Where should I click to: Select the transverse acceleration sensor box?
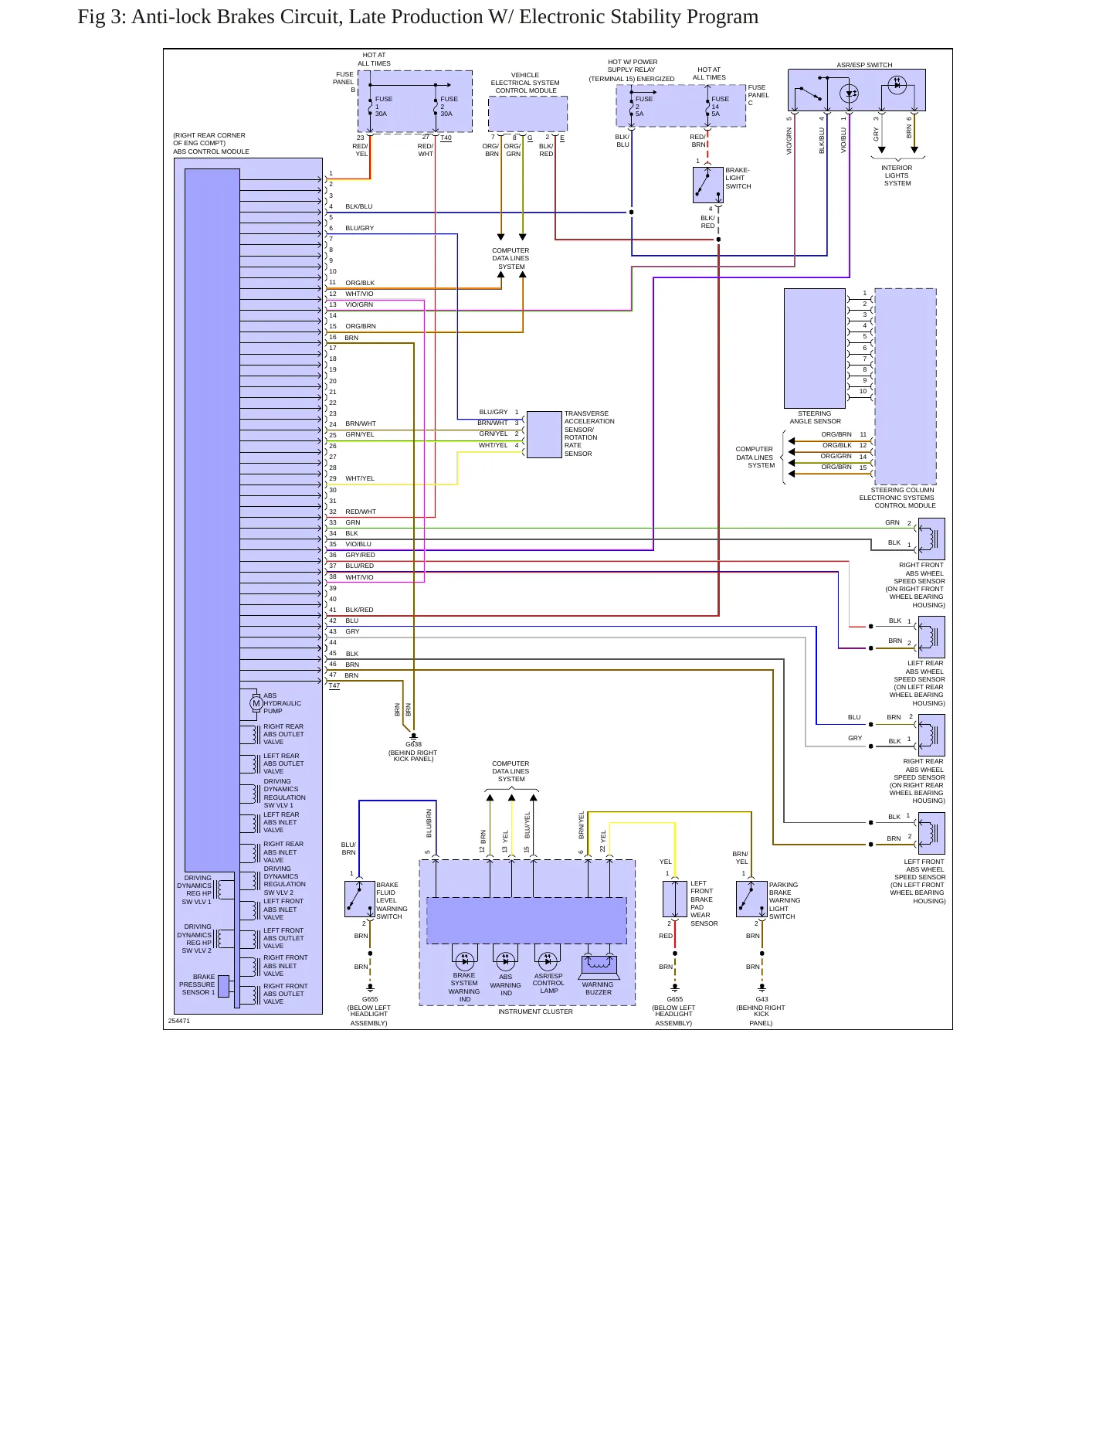point(544,434)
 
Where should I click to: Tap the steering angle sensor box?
point(815,348)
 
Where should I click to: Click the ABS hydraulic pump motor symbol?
point(256,703)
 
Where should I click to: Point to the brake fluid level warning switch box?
point(360,899)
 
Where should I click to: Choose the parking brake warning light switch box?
point(751,899)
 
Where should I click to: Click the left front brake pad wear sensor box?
point(675,899)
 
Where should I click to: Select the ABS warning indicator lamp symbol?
point(506,961)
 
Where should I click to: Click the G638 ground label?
point(414,745)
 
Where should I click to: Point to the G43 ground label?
point(762,999)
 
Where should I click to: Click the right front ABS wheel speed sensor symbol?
point(931,539)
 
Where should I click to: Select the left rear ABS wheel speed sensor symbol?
point(931,637)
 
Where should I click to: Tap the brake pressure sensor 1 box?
point(223,986)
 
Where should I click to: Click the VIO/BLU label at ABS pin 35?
point(358,544)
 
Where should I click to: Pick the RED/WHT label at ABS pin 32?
point(361,512)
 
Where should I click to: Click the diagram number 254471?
point(179,1021)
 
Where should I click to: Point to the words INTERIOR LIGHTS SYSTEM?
point(897,175)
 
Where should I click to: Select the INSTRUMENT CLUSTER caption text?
point(535,1011)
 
